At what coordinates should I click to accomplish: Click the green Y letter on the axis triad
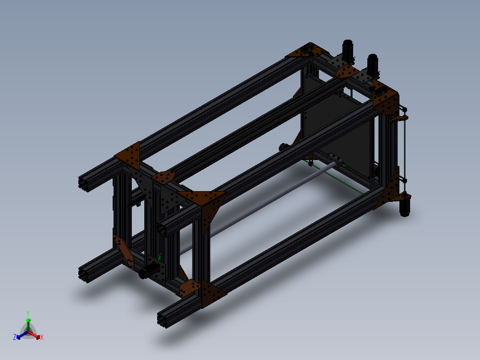point(28,313)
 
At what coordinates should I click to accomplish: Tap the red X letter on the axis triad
point(42,338)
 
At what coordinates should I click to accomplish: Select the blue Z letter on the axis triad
point(15,337)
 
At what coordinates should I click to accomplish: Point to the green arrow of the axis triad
point(28,322)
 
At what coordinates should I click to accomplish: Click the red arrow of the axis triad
point(36,335)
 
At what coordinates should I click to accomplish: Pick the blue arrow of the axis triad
point(20,335)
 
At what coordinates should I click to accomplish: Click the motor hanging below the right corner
point(405,207)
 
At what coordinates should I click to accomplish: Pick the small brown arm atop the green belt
point(399,119)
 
